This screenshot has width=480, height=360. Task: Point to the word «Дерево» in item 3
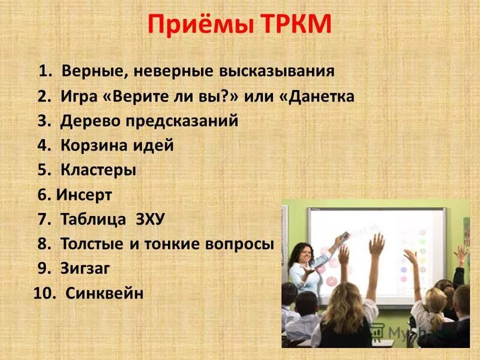90,121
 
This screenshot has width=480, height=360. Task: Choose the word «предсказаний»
182,121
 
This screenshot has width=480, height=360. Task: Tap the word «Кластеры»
98,170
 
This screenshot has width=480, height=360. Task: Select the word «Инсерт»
84,195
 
